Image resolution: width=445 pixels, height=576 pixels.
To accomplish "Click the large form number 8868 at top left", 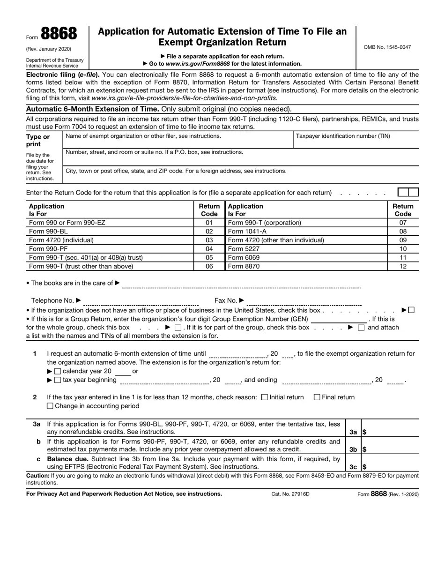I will pyautogui.click(x=59, y=34).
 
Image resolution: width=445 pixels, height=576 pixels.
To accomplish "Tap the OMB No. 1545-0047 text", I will pyautogui.click(x=387, y=47).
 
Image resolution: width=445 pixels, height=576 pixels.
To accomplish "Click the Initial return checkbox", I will pyautogui.click(x=265, y=397).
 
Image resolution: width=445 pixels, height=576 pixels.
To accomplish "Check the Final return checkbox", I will pyautogui.click(x=317, y=397).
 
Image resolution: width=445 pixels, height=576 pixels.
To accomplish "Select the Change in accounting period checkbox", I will pyautogui.click(x=51, y=406).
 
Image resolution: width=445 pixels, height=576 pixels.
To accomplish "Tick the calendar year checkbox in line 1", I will pyautogui.click(x=58, y=371).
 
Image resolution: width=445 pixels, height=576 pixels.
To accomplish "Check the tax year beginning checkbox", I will pyautogui.click(x=58, y=380).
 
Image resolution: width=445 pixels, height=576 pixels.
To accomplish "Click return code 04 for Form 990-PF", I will pyautogui.click(x=209, y=249).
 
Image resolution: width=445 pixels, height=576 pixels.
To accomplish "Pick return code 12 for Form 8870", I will pyautogui.click(x=403, y=266).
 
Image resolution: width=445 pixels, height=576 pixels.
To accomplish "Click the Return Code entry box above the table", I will pyautogui.click(x=408, y=192).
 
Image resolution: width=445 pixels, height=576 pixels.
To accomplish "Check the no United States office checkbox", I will pyautogui.click(x=411, y=310).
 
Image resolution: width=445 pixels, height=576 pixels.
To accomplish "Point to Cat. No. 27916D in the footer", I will pyautogui.click(x=290, y=494).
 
